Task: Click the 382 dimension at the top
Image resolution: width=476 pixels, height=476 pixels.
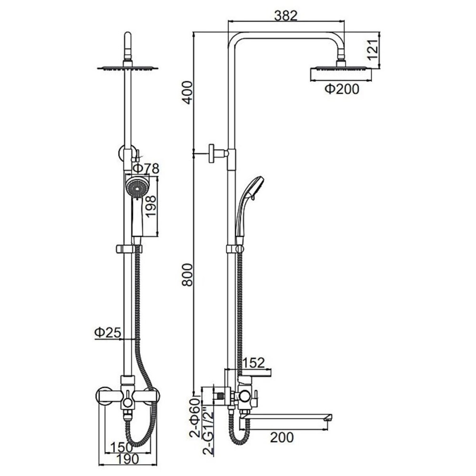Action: (x=286, y=16)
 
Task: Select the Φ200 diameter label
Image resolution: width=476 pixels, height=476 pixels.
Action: (x=342, y=89)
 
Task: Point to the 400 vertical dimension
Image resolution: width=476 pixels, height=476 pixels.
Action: (x=188, y=92)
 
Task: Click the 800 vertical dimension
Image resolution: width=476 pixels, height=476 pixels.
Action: (x=188, y=275)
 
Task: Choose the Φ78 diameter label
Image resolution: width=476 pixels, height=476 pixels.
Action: (x=146, y=169)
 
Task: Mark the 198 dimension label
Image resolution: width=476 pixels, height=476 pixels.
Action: (x=151, y=207)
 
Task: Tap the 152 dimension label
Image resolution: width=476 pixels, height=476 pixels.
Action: (x=253, y=362)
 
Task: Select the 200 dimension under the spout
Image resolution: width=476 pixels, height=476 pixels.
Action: (x=282, y=437)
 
